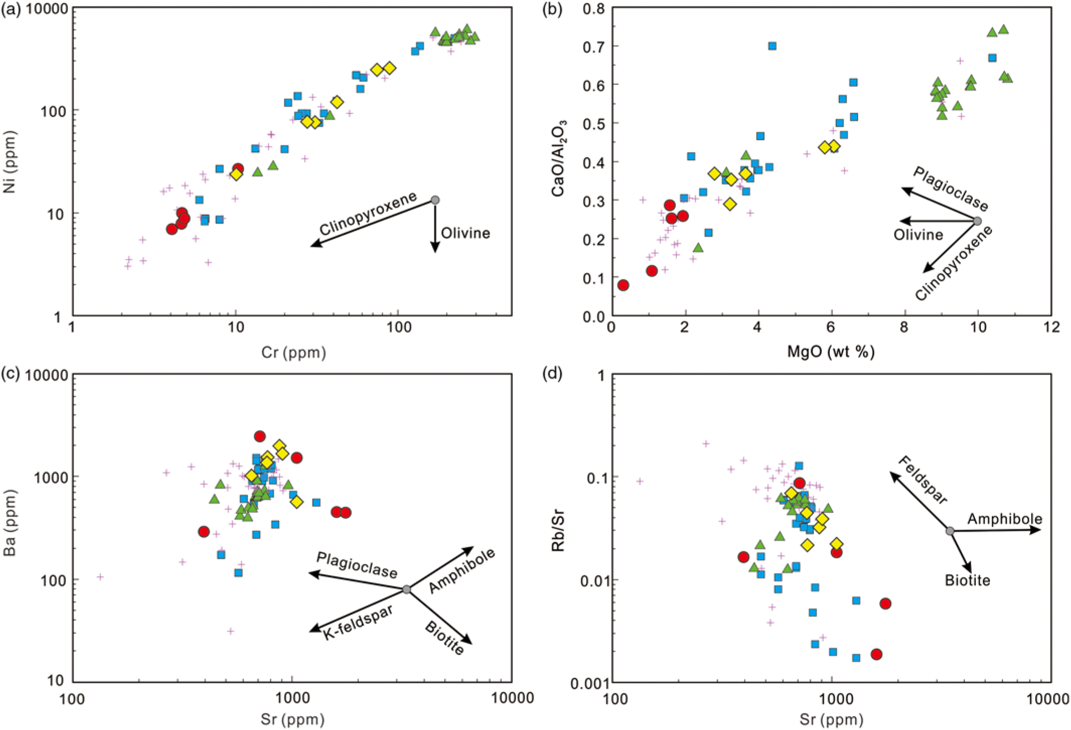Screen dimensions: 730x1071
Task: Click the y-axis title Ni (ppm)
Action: coord(10,162)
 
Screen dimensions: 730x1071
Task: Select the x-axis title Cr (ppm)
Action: coord(293,352)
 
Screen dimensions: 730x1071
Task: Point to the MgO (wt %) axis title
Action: coord(831,351)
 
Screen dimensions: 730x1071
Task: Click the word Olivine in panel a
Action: coord(465,233)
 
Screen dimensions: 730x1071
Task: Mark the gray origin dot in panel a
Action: coord(435,200)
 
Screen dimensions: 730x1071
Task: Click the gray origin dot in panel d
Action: coord(950,531)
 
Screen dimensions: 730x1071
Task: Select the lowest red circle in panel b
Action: coord(623,285)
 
